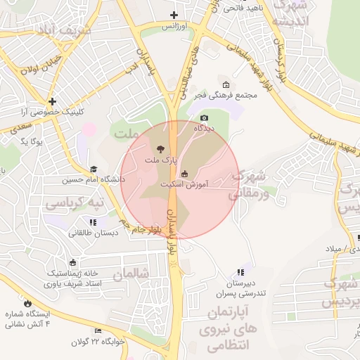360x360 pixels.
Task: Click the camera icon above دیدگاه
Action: coord(205,117)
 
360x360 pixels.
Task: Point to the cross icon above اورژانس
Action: coord(174,15)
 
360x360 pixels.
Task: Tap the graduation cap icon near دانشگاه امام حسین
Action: coord(94,169)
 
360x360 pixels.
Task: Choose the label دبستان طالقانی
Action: coord(92,233)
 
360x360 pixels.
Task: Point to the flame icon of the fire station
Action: coord(27,303)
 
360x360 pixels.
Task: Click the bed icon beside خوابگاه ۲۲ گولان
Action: coord(98,330)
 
